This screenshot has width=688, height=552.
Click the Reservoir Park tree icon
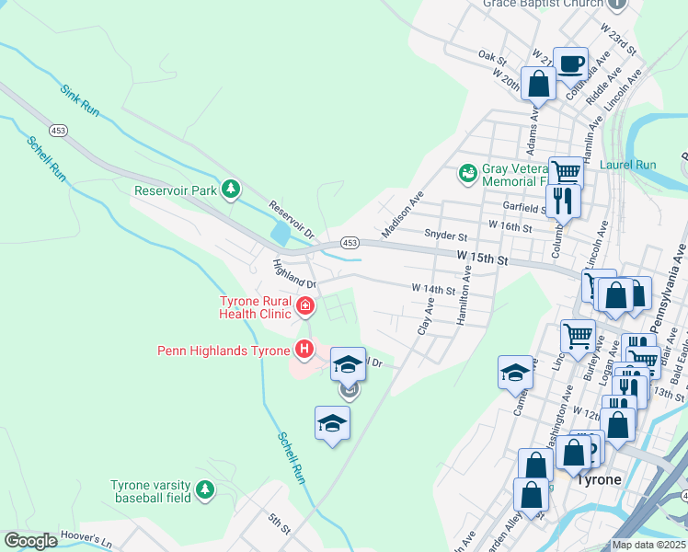[x=232, y=190]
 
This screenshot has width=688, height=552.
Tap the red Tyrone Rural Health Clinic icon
[x=304, y=305]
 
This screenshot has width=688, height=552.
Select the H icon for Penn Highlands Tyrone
[x=304, y=349]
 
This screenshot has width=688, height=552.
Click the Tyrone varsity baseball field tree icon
[x=205, y=490]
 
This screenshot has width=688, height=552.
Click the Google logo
[x=30, y=541]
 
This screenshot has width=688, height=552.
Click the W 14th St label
[x=433, y=290]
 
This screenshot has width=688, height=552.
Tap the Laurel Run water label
[x=627, y=165]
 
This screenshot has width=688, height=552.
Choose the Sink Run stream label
[x=79, y=100]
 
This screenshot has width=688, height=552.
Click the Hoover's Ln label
[x=85, y=537]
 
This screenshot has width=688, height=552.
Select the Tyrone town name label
[x=598, y=479]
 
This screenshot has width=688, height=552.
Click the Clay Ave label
[x=426, y=316]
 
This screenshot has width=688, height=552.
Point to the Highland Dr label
[x=293, y=274]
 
